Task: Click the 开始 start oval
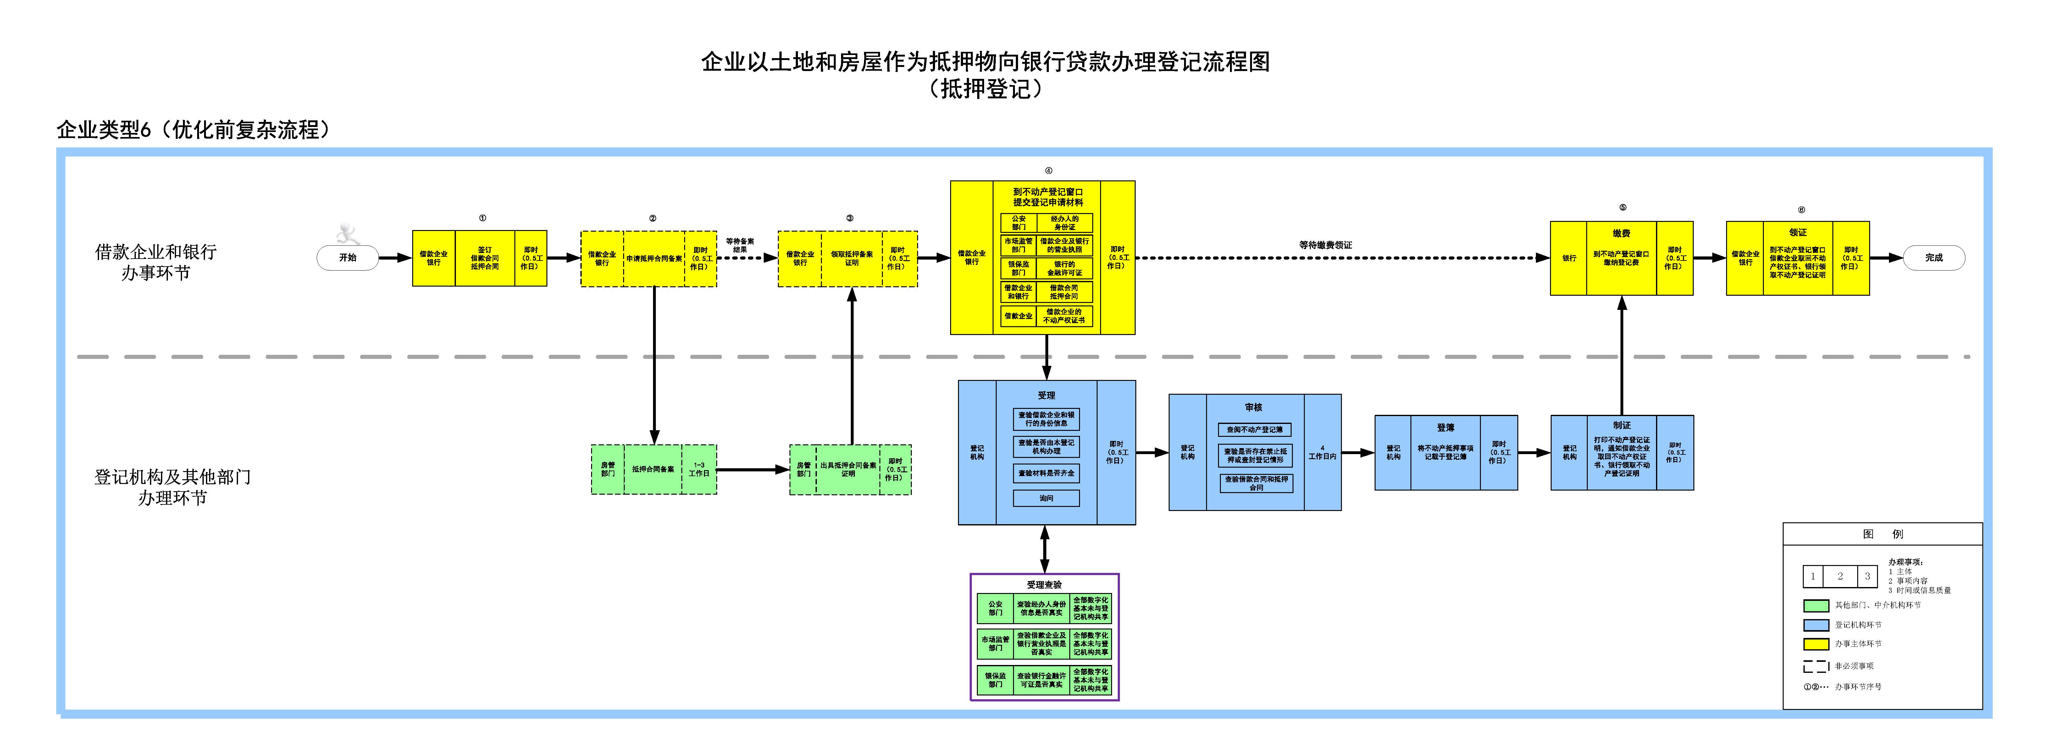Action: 348,257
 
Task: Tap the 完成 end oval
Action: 1934,257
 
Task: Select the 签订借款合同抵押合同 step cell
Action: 485,258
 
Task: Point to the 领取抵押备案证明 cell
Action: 851,258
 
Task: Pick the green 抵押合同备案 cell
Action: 653,469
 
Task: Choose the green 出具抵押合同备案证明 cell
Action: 848,469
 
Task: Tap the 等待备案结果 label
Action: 740,245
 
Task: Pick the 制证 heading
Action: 1622,425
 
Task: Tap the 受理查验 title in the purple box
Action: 1044,584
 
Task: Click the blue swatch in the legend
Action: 1816,625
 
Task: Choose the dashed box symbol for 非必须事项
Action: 1816,666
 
